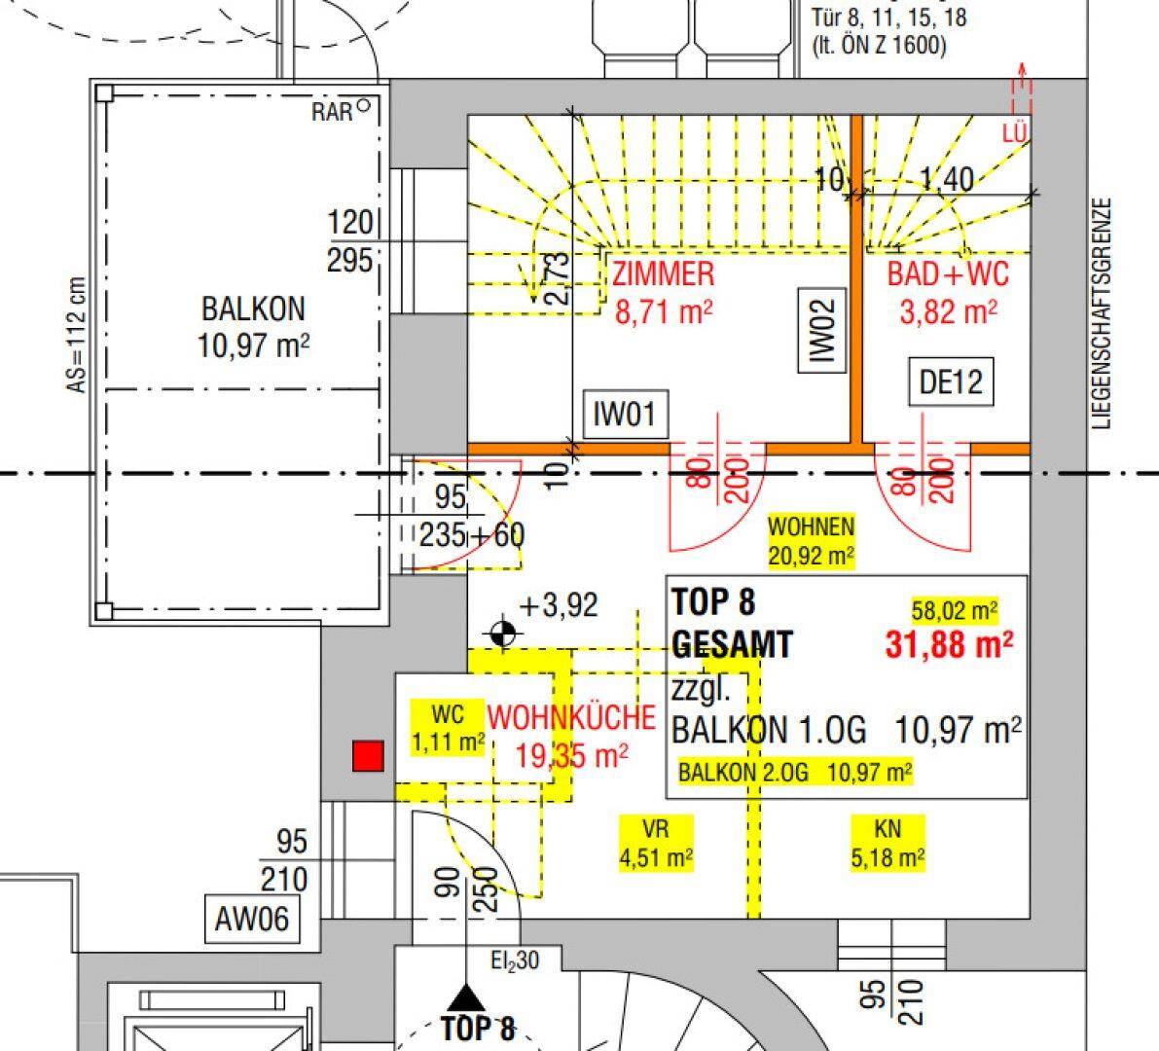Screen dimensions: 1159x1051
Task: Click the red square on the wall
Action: tap(368, 756)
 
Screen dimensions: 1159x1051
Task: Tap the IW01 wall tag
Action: tap(625, 416)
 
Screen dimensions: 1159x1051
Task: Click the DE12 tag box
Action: tap(951, 383)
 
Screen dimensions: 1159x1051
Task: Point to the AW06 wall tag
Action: tap(251, 918)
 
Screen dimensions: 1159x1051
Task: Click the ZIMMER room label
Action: tap(663, 275)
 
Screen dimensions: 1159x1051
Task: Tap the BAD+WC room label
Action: tap(947, 275)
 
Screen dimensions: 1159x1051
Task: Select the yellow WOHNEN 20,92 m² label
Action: tap(811, 541)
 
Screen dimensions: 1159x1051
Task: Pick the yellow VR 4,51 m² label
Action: tap(655, 843)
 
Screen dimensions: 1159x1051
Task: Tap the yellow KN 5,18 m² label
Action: tap(887, 843)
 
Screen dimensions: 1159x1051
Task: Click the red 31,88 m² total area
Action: tap(949, 644)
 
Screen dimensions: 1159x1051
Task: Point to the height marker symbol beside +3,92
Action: tap(502, 634)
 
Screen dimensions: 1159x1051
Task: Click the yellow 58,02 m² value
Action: tap(955, 610)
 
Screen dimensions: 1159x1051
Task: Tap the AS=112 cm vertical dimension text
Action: tap(76, 336)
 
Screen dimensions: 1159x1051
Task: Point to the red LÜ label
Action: tap(1014, 133)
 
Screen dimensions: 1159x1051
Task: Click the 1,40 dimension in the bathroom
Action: tap(945, 179)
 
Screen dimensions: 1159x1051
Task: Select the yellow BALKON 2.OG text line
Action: tap(795, 773)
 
